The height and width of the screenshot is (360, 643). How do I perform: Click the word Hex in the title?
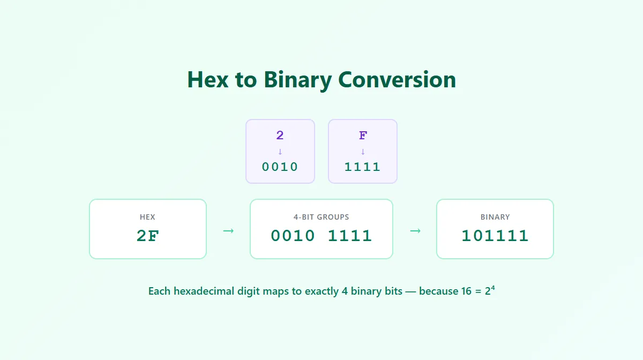click(x=208, y=79)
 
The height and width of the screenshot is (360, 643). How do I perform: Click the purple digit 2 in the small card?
click(x=280, y=135)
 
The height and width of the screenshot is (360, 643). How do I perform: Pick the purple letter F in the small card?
click(x=363, y=135)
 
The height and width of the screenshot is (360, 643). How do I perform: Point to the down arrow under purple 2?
click(x=280, y=152)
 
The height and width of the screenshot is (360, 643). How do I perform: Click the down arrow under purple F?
click(x=363, y=152)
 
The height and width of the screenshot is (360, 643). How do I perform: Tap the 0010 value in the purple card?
click(x=280, y=167)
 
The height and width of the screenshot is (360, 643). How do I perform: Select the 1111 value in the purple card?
click(x=363, y=167)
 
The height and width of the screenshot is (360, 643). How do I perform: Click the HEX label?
click(x=147, y=217)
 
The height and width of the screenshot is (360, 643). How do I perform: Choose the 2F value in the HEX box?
click(x=148, y=236)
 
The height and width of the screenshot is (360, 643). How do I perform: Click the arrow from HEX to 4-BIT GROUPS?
click(x=228, y=231)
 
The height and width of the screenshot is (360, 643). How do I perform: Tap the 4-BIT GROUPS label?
click(x=321, y=217)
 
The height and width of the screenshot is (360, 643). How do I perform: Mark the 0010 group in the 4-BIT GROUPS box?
click(x=293, y=236)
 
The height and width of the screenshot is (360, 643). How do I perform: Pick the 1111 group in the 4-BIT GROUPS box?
click(x=350, y=236)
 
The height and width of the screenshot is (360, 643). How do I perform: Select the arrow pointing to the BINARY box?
click(x=415, y=231)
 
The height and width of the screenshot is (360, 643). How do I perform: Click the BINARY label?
click(x=495, y=217)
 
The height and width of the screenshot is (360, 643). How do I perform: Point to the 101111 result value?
click(x=495, y=236)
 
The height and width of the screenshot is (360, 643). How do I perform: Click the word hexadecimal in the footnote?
click(x=204, y=291)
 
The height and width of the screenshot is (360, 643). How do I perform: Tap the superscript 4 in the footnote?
click(x=493, y=288)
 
